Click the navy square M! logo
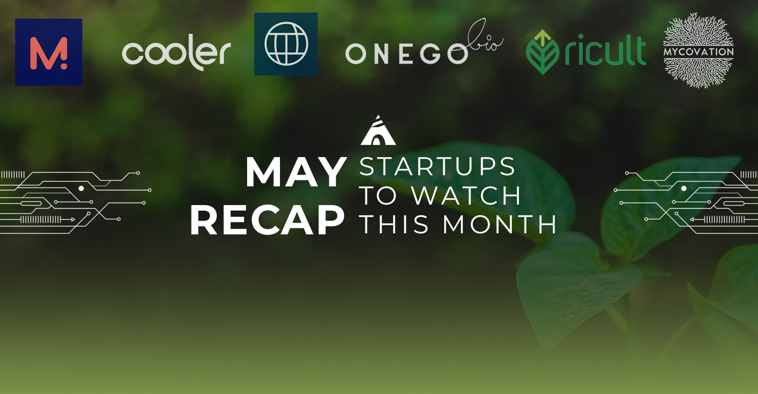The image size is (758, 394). (49, 52)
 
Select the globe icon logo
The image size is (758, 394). (286, 43)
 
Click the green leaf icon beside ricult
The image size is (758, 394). (542, 52)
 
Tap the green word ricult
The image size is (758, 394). (605, 50)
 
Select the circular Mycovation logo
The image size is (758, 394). (698, 51)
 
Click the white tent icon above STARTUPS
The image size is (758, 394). (378, 130)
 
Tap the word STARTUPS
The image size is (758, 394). (437, 166)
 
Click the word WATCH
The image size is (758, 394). (466, 195)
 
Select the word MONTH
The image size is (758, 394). (500, 224)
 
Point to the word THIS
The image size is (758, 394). (395, 224)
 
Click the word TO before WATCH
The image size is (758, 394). (378, 195)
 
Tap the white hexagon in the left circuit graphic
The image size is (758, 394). (81, 188)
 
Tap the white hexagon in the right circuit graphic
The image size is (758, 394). (684, 188)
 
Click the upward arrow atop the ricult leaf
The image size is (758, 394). (543, 38)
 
